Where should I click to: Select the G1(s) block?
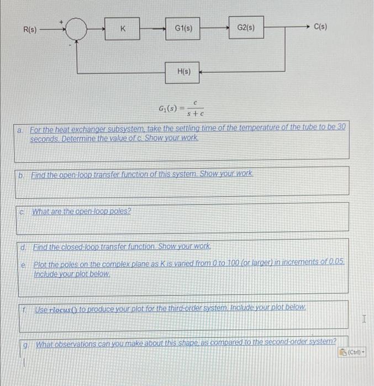click(x=183, y=28)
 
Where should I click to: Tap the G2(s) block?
click(x=246, y=27)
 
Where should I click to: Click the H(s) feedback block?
click(x=183, y=72)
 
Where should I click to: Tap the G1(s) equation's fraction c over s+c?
click(x=196, y=108)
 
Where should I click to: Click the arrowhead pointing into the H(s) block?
click(x=201, y=72)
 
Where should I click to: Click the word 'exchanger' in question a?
click(x=79, y=127)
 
